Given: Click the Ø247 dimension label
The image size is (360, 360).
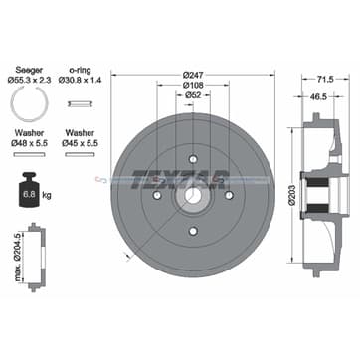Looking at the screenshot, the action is click(x=193, y=75).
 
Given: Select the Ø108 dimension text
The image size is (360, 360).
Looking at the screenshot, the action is click(x=193, y=85).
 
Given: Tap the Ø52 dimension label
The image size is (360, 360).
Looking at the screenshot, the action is click(x=193, y=95).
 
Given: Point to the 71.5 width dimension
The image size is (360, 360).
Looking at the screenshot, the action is click(x=325, y=79).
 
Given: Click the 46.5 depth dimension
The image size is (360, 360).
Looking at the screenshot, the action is click(x=317, y=96).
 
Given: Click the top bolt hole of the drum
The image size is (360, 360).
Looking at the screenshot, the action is click(x=193, y=159).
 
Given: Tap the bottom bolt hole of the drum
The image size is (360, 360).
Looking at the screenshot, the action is click(x=193, y=231).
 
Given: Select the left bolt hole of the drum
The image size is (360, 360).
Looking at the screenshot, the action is click(x=157, y=195).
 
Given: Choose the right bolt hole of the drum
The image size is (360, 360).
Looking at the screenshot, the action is click(x=229, y=195).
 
